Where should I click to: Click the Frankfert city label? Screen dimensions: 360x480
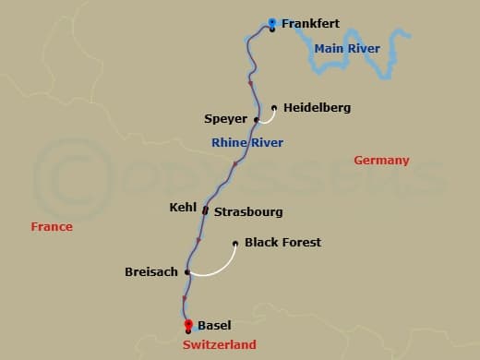click(x=311, y=23)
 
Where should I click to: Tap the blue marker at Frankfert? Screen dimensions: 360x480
click(x=272, y=23)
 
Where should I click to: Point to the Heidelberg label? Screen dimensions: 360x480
click(x=317, y=108)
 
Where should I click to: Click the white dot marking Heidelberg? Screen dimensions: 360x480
click(x=274, y=107)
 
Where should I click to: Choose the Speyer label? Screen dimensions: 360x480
click(x=225, y=119)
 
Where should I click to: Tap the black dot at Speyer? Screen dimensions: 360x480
click(x=257, y=120)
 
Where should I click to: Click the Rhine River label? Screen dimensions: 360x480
click(x=247, y=142)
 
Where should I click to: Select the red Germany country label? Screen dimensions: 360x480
click(x=381, y=161)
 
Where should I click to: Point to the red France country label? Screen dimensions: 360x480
click(x=51, y=226)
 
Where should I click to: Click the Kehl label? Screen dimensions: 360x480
click(x=184, y=209)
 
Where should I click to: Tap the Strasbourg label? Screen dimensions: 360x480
click(x=248, y=212)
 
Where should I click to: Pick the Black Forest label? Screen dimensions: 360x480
click(x=282, y=243)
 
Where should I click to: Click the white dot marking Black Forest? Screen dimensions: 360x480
click(x=235, y=244)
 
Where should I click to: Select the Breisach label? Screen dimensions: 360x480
click(x=150, y=272)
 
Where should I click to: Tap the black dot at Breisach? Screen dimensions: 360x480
click(x=187, y=272)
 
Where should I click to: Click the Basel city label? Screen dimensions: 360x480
click(x=215, y=325)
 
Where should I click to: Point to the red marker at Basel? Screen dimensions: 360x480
click(x=188, y=324)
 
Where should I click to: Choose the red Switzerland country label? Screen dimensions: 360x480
click(x=220, y=344)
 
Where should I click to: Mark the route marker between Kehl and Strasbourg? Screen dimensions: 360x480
click(x=205, y=210)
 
